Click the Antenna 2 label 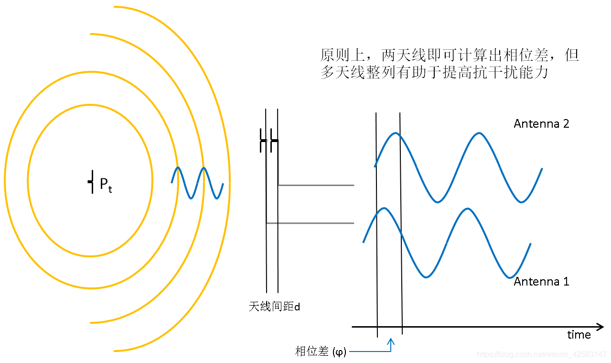541,123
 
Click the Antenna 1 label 541,281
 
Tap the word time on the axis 579,334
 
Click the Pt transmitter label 106,186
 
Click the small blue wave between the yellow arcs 197,183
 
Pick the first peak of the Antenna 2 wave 395,133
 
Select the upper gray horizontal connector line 316,185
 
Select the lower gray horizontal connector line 310,223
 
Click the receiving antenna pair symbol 269,142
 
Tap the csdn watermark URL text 542,354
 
